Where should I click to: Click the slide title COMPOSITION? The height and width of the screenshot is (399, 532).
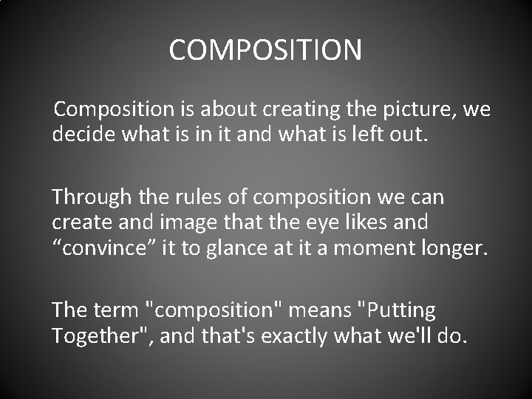point(265,50)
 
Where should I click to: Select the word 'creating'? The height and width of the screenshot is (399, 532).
point(306,111)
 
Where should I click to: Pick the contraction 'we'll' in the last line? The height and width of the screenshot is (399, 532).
point(406,336)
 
